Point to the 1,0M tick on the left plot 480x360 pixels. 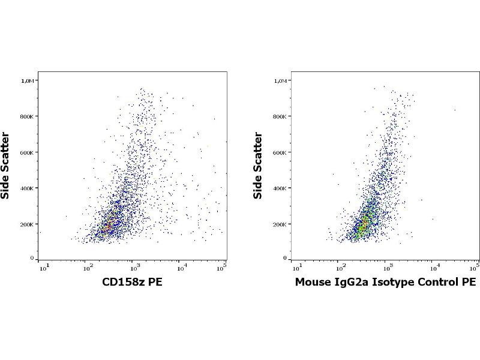[x=29, y=80]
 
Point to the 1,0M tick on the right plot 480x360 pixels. [x=282, y=80]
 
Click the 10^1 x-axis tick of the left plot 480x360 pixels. [x=44, y=266]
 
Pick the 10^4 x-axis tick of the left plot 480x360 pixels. [x=181, y=266]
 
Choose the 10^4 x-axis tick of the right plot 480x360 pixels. [x=434, y=266]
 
